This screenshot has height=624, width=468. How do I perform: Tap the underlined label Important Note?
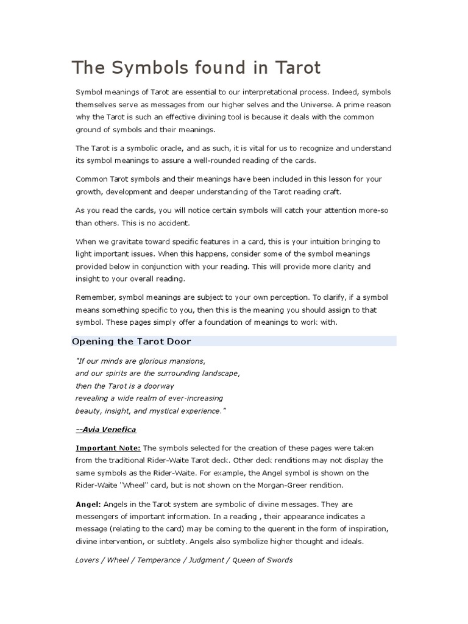coord(108,448)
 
